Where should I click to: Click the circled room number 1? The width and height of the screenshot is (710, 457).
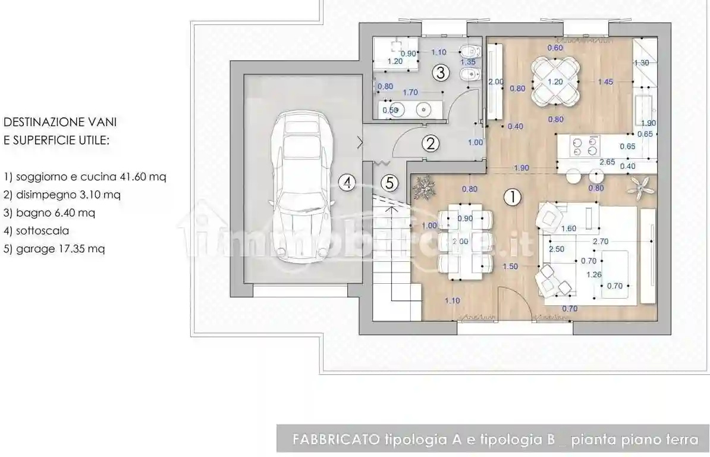[x=512, y=197]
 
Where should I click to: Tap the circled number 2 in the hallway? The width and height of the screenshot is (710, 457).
[x=431, y=143]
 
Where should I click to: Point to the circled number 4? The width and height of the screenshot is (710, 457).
[x=347, y=183]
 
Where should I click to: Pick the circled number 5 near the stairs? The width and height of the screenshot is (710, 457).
[x=389, y=183]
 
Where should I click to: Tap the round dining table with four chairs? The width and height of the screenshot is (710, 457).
[x=555, y=82]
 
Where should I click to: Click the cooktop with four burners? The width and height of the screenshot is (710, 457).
[x=585, y=146]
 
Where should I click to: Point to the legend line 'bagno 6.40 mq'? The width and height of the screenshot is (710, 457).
[x=49, y=212]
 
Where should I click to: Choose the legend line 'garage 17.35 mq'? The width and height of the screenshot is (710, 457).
[x=54, y=249]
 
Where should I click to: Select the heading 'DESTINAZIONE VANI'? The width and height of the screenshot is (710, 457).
[x=60, y=122]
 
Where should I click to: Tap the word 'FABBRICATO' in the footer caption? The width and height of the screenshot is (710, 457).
[x=336, y=440]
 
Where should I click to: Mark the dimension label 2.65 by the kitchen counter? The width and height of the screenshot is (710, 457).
[x=607, y=162]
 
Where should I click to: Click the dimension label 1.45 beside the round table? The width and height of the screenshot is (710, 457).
[x=605, y=82]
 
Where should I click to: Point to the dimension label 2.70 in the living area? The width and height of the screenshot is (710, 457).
[x=601, y=242]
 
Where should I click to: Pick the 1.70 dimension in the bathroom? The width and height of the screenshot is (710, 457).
[x=410, y=92]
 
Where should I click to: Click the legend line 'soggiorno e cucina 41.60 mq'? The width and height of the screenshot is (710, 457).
[x=85, y=177]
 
